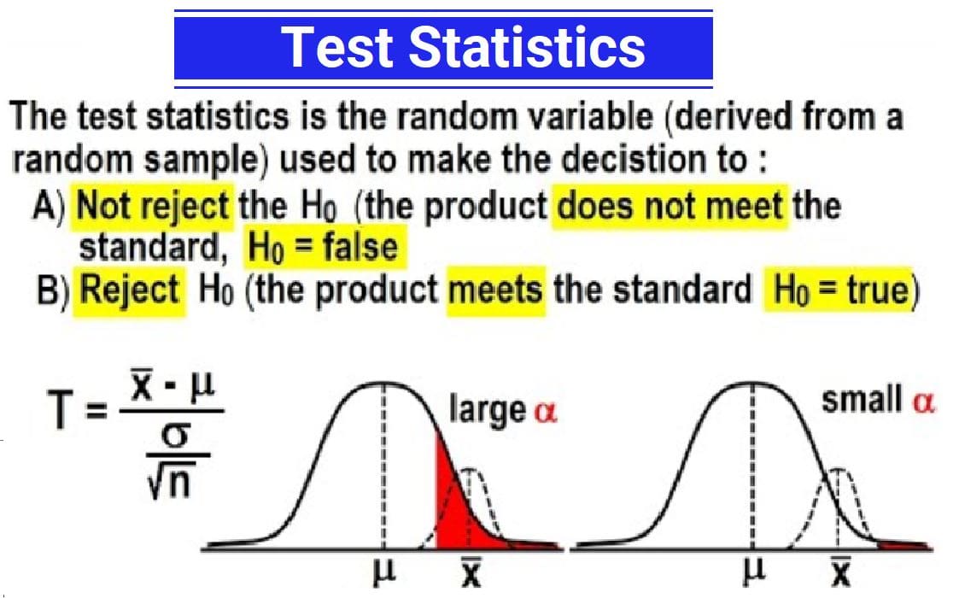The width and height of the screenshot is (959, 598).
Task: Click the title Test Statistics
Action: point(463,48)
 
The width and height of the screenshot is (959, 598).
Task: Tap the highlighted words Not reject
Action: point(153,206)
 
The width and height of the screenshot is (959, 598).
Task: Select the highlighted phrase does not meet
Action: point(670,206)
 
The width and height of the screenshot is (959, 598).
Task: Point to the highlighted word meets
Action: point(495,290)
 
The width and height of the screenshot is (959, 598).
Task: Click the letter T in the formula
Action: point(60,409)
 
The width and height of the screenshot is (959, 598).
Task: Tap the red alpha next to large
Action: point(546,413)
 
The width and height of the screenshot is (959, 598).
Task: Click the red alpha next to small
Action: point(923,402)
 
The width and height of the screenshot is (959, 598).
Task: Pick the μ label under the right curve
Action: point(753,572)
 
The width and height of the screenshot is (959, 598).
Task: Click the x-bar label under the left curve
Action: point(471,572)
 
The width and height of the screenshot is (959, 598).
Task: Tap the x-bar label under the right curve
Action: point(841,572)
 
